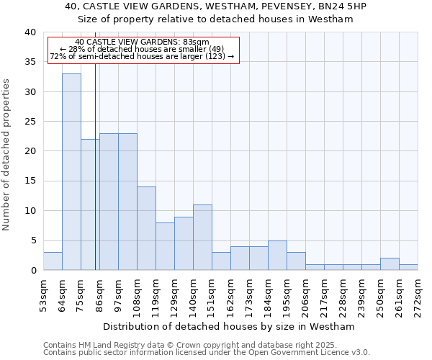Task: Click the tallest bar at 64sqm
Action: coord(71,172)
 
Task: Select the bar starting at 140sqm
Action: coord(202,238)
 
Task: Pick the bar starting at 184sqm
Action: coord(277,256)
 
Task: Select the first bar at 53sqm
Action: coord(53,261)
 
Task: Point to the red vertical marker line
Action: coord(95,180)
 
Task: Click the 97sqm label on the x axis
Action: coord(119,293)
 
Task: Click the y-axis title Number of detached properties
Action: coord(7,155)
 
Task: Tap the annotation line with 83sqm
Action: coord(142,42)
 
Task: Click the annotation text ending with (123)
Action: coord(142,56)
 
